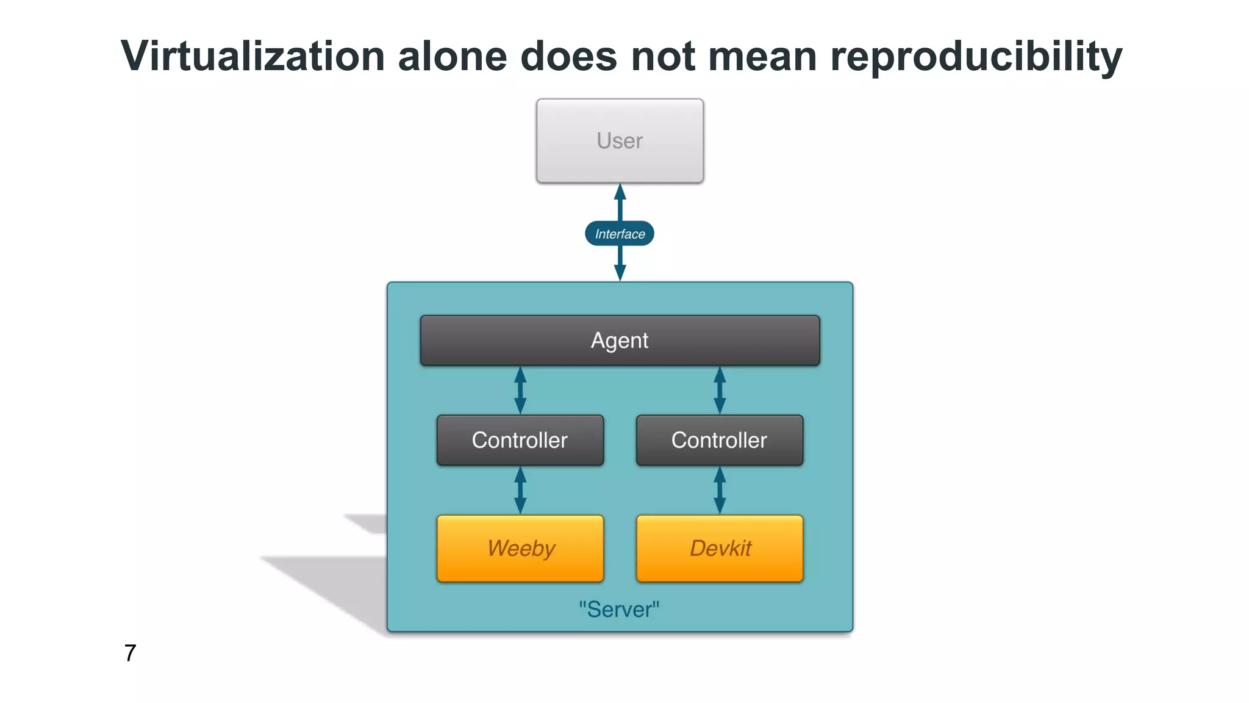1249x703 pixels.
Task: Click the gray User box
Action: tap(620, 141)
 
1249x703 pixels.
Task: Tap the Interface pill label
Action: tap(620, 234)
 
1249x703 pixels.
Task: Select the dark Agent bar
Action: tap(620, 341)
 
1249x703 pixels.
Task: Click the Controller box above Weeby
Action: tap(520, 440)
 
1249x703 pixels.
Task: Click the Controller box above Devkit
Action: tap(720, 440)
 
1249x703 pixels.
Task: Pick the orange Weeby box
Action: tap(520, 548)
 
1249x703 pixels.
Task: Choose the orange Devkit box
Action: tap(720, 548)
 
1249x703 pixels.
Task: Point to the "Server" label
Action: tap(619, 609)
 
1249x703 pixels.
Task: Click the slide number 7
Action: tap(130, 653)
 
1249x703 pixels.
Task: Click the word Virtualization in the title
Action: tap(252, 56)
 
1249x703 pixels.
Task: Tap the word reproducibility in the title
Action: tap(976, 56)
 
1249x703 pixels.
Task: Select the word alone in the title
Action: tap(453, 56)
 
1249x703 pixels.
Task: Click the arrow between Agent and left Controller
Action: tap(520, 391)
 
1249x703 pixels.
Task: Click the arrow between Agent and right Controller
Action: tap(720, 391)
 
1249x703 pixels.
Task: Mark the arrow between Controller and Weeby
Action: tap(520, 490)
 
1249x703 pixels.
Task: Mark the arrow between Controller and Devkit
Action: tap(720, 490)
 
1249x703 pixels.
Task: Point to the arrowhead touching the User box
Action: tap(620, 192)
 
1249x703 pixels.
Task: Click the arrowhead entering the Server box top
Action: tap(620, 273)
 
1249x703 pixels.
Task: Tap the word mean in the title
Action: tap(762, 56)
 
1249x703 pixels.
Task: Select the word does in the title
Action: tap(568, 56)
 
